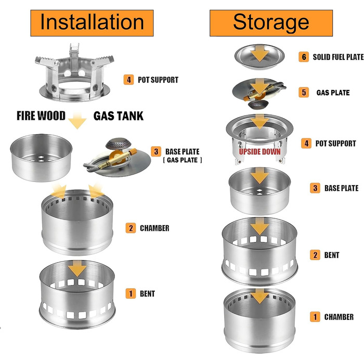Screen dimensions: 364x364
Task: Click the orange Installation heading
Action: (92, 23)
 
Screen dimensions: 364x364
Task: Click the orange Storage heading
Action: (270, 23)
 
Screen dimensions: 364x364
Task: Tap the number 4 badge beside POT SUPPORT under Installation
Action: (128, 80)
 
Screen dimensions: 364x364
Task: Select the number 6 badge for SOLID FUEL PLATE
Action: (303, 57)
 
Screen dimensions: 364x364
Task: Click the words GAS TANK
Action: (118, 115)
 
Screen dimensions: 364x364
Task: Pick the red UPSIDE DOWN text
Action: (259, 151)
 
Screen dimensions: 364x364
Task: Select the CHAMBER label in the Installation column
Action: (154, 228)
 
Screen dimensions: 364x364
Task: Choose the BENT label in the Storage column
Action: (332, 255)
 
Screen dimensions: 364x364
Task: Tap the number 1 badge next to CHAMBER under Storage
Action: (315, 317)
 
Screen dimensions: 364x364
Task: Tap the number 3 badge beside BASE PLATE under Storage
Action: (315, 188)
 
